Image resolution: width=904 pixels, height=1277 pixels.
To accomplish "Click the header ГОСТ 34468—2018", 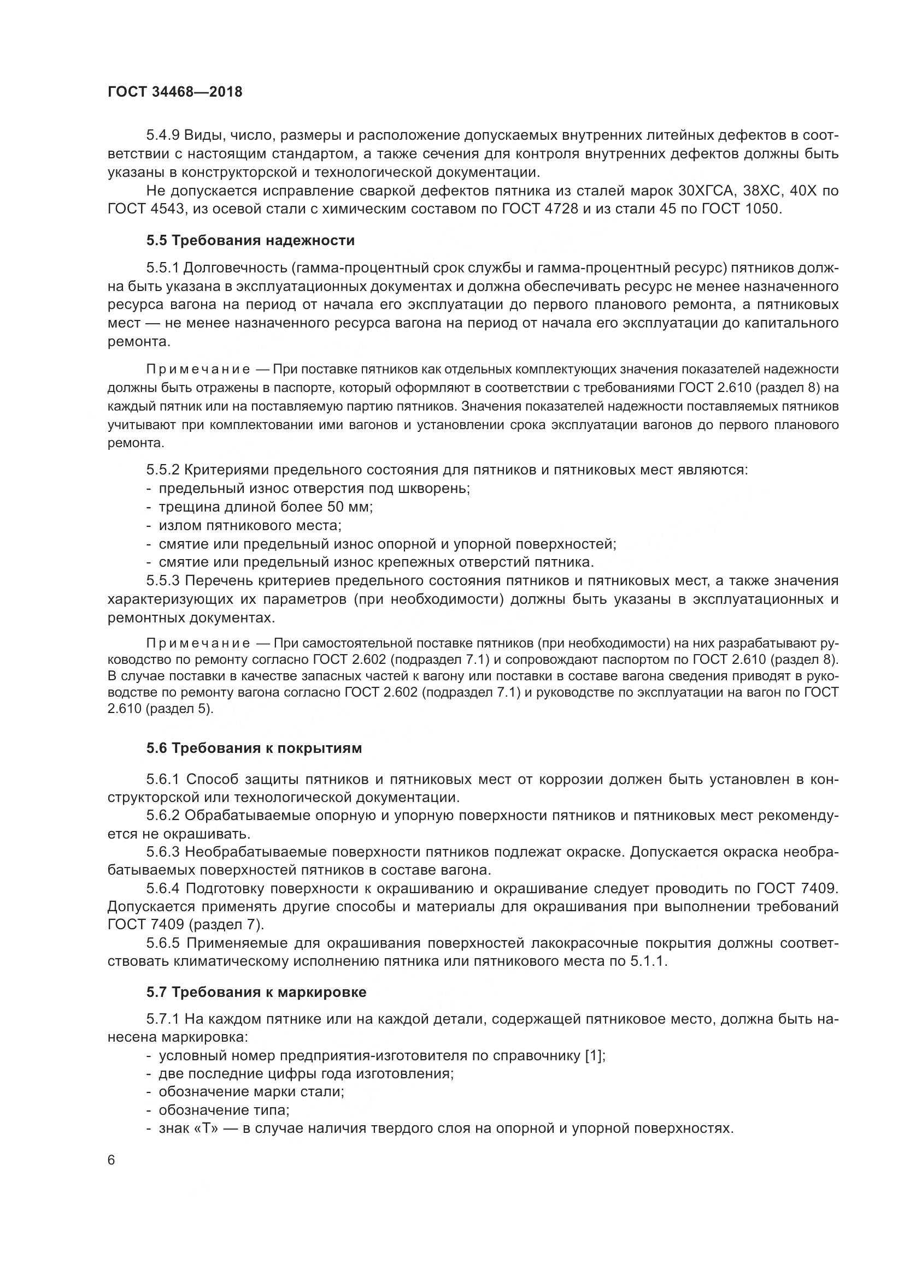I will pyautogui.click(x=175, y=92).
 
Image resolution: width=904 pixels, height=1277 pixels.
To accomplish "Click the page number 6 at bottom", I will pyautogui.click(x=111, y=1160).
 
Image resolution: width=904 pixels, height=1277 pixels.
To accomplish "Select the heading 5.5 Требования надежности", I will pyautogui.click(x=250, y=240).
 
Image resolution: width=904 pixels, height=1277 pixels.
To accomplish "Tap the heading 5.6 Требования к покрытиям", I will pyautogui.click(x=254, y=748).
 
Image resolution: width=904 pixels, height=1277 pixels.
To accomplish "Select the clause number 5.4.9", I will pyautogui.click(x=163, y=135).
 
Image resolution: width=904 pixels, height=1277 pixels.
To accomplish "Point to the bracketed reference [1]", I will pyautogui.click(x=594, y=1056).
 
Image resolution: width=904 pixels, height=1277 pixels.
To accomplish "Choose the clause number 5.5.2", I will pyautogui.click(x=163, y=470).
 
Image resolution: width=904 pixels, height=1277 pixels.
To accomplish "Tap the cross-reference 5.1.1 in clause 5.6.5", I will pyautogui.click(x=648, y=961).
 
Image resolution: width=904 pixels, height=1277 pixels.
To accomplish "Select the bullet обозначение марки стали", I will pyautogui.click(x=251, y=1092).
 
